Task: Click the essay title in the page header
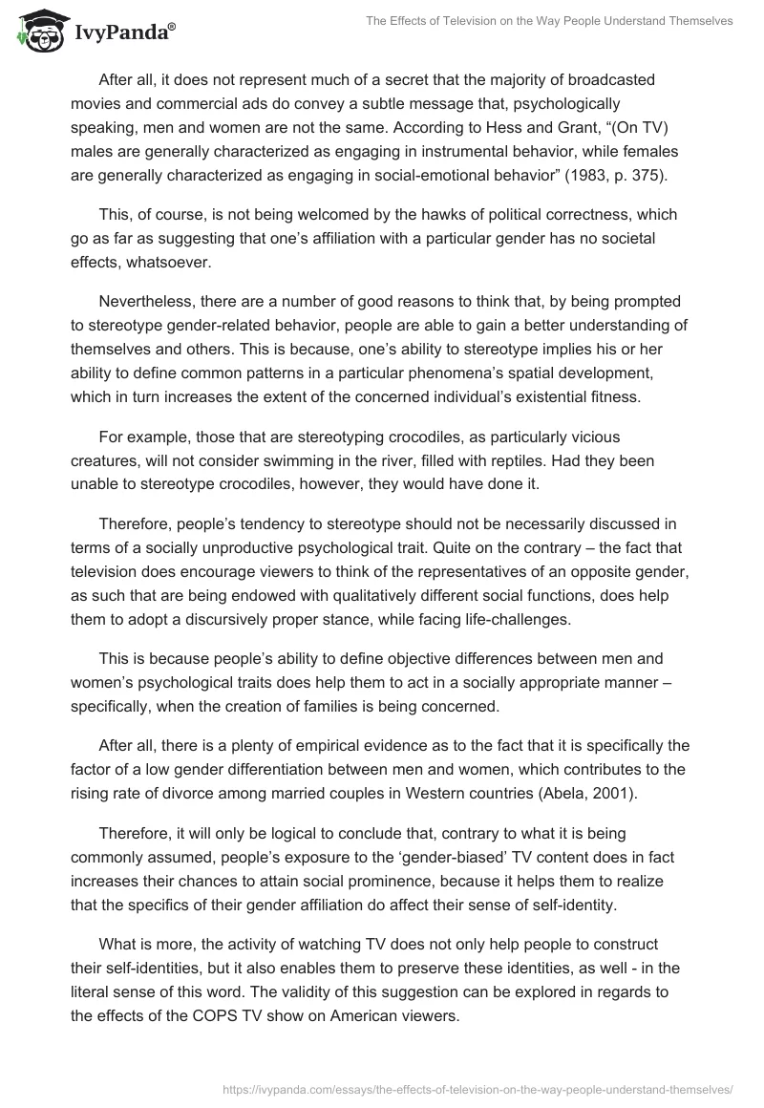(549, 20)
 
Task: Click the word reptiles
(497, 461)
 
